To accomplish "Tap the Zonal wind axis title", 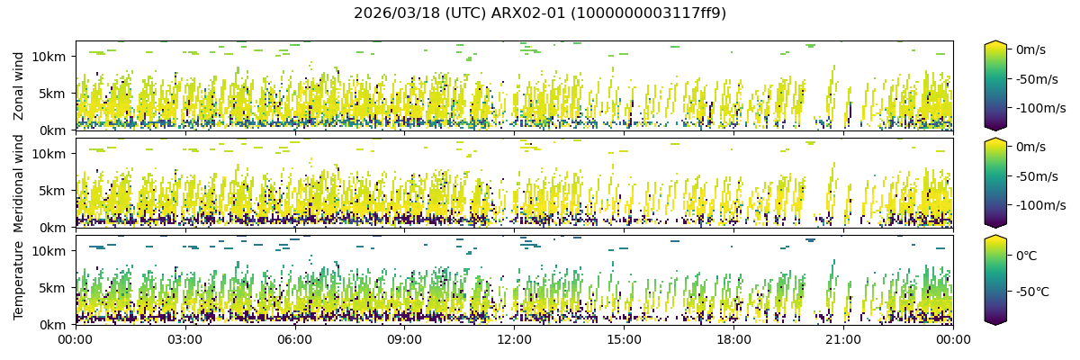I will (x=19, y=85).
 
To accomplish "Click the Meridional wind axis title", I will (x=19, y=183).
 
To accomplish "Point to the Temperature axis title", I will (x=19, y=279).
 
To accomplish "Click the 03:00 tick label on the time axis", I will (x=184, y=339).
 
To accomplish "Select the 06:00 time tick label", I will (x=294, y=339).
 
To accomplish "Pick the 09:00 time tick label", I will (x=404, y=339).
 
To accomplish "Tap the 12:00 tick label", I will (x=514, y=339).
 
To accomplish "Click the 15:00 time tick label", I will (x=624, y=339).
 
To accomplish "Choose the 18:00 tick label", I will (x=733, y=339).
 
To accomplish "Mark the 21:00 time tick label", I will (x=843, y=339).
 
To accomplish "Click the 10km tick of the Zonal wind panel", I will (x=49, y=56).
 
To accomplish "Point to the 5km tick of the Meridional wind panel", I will (x=53, y=190).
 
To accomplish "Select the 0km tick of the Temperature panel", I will (x=53, y=324).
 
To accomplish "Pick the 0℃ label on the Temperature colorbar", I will (x=1026, y=256).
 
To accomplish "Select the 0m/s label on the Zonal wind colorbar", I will (x=1030, y=49).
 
